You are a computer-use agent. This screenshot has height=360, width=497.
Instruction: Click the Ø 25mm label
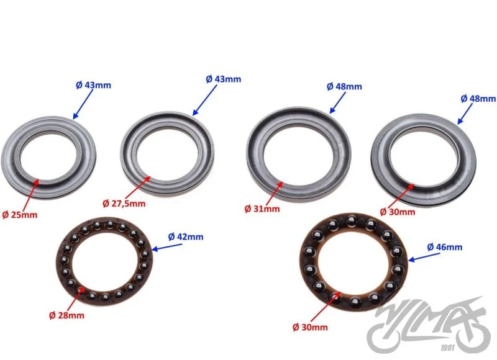(20, 215)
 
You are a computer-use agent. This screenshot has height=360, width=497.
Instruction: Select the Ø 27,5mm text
(124, 203)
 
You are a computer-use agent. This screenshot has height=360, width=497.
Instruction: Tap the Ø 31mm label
(262, 209)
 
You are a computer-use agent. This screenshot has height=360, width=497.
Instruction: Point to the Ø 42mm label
(186, 237)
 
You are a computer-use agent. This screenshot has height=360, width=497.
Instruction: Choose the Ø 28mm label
(67, 315)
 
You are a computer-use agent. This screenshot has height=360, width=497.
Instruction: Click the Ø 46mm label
(445, 247)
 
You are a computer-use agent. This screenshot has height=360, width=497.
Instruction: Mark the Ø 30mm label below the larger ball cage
(310, 327)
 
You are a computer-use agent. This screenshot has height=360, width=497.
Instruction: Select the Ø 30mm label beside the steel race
(398, 212)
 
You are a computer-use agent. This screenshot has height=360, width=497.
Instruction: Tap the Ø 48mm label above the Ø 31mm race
(344, 86)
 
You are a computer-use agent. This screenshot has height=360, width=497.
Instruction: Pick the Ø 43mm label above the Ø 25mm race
(94, 85)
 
